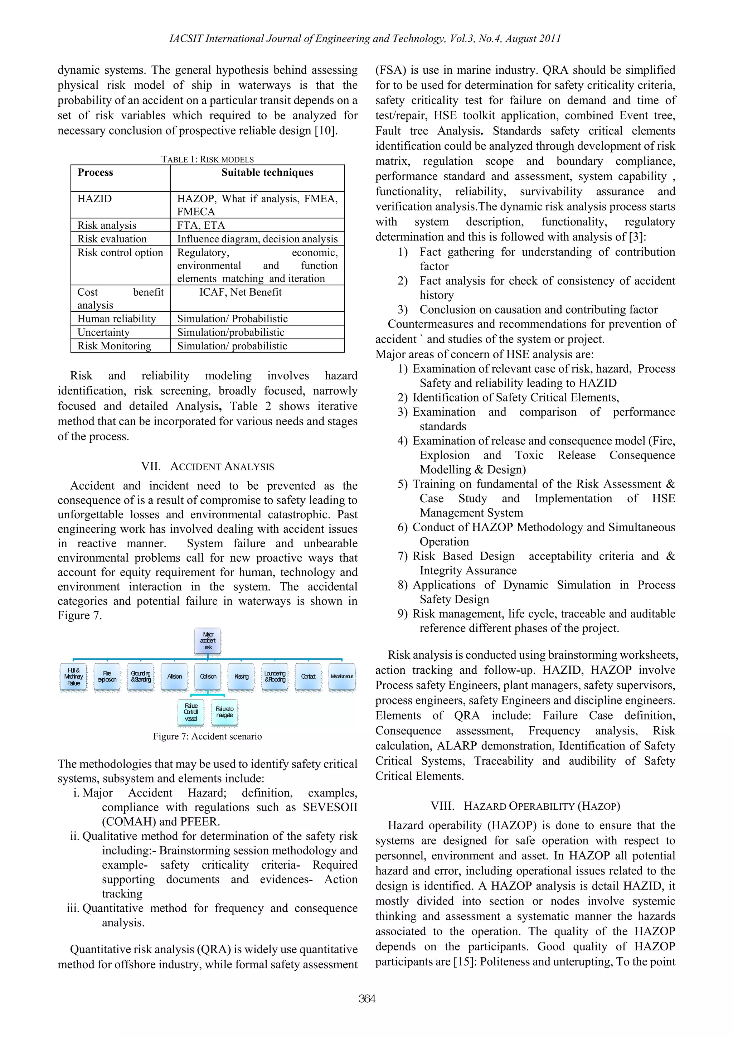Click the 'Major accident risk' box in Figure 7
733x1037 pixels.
click(208, 640)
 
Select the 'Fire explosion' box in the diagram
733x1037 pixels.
click(107, 676)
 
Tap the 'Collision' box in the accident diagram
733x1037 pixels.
click(208, 676)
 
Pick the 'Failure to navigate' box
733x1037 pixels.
click(224, 712)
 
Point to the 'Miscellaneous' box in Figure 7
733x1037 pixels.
click(341, 676)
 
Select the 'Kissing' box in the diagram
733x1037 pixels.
click(241, 676)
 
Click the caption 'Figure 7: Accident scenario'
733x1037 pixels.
click(207, 736)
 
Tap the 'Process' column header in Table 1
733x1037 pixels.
click(95, 173)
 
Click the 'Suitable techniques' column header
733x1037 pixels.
click(267, 173)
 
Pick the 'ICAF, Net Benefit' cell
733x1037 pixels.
click(240, 292)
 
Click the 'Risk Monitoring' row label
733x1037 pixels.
click(114, 346)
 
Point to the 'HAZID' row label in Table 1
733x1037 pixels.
click(94, 199)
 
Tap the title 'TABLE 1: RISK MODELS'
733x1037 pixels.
click(207, 159)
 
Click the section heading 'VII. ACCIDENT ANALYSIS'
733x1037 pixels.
click(207, 466)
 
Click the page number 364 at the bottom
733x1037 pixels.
click(367, 999)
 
